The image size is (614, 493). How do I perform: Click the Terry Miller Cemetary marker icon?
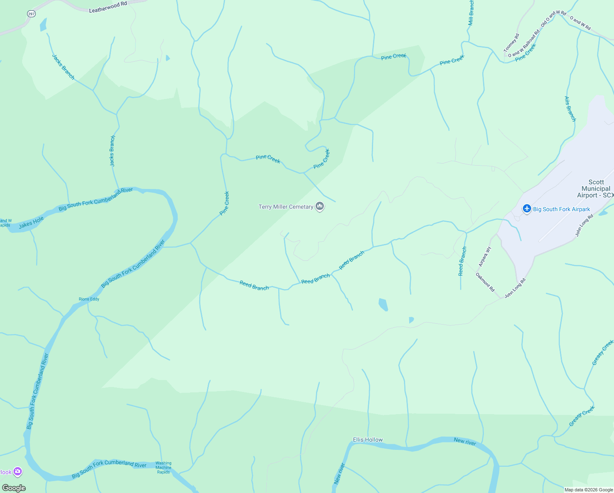320,206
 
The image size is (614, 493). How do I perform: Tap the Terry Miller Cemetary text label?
286,207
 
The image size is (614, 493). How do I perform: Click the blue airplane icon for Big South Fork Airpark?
527,209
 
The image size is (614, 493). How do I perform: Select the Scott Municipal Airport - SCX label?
596,189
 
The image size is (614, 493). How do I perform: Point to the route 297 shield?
32,14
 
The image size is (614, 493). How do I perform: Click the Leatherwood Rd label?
108,7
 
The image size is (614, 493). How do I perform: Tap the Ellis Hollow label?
368,440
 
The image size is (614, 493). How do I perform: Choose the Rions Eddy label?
89,299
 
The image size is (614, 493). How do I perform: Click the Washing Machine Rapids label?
163,468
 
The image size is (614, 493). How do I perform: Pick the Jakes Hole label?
31,222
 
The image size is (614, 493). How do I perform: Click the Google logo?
14,488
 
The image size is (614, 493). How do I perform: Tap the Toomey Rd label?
511,43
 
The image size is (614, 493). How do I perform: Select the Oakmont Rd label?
485,282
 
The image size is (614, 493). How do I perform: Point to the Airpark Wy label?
485,256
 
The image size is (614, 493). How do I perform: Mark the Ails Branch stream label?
570,109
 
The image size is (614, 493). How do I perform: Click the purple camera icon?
17,472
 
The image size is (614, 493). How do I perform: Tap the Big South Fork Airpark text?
561,209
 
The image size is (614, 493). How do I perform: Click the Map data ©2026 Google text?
589,490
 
